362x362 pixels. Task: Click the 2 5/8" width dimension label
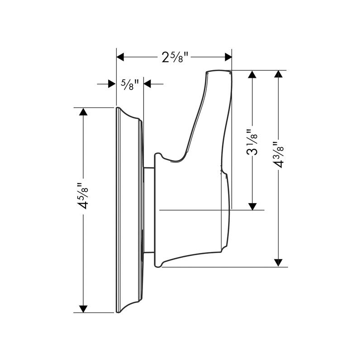click(x=175, y=57)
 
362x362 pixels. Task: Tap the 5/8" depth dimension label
click(x=130, y=85)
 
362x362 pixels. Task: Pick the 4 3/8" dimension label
click(x=278, y=154)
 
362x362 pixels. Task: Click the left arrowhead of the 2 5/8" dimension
click(x=120, y=57)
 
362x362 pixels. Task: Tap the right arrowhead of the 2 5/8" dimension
click(x=228, y=57)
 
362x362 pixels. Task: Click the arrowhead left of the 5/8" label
click(x=112, y=84)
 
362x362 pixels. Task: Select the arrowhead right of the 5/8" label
click(x=148, y=84)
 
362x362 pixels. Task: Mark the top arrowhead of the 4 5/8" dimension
click(x=83, y=112)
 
